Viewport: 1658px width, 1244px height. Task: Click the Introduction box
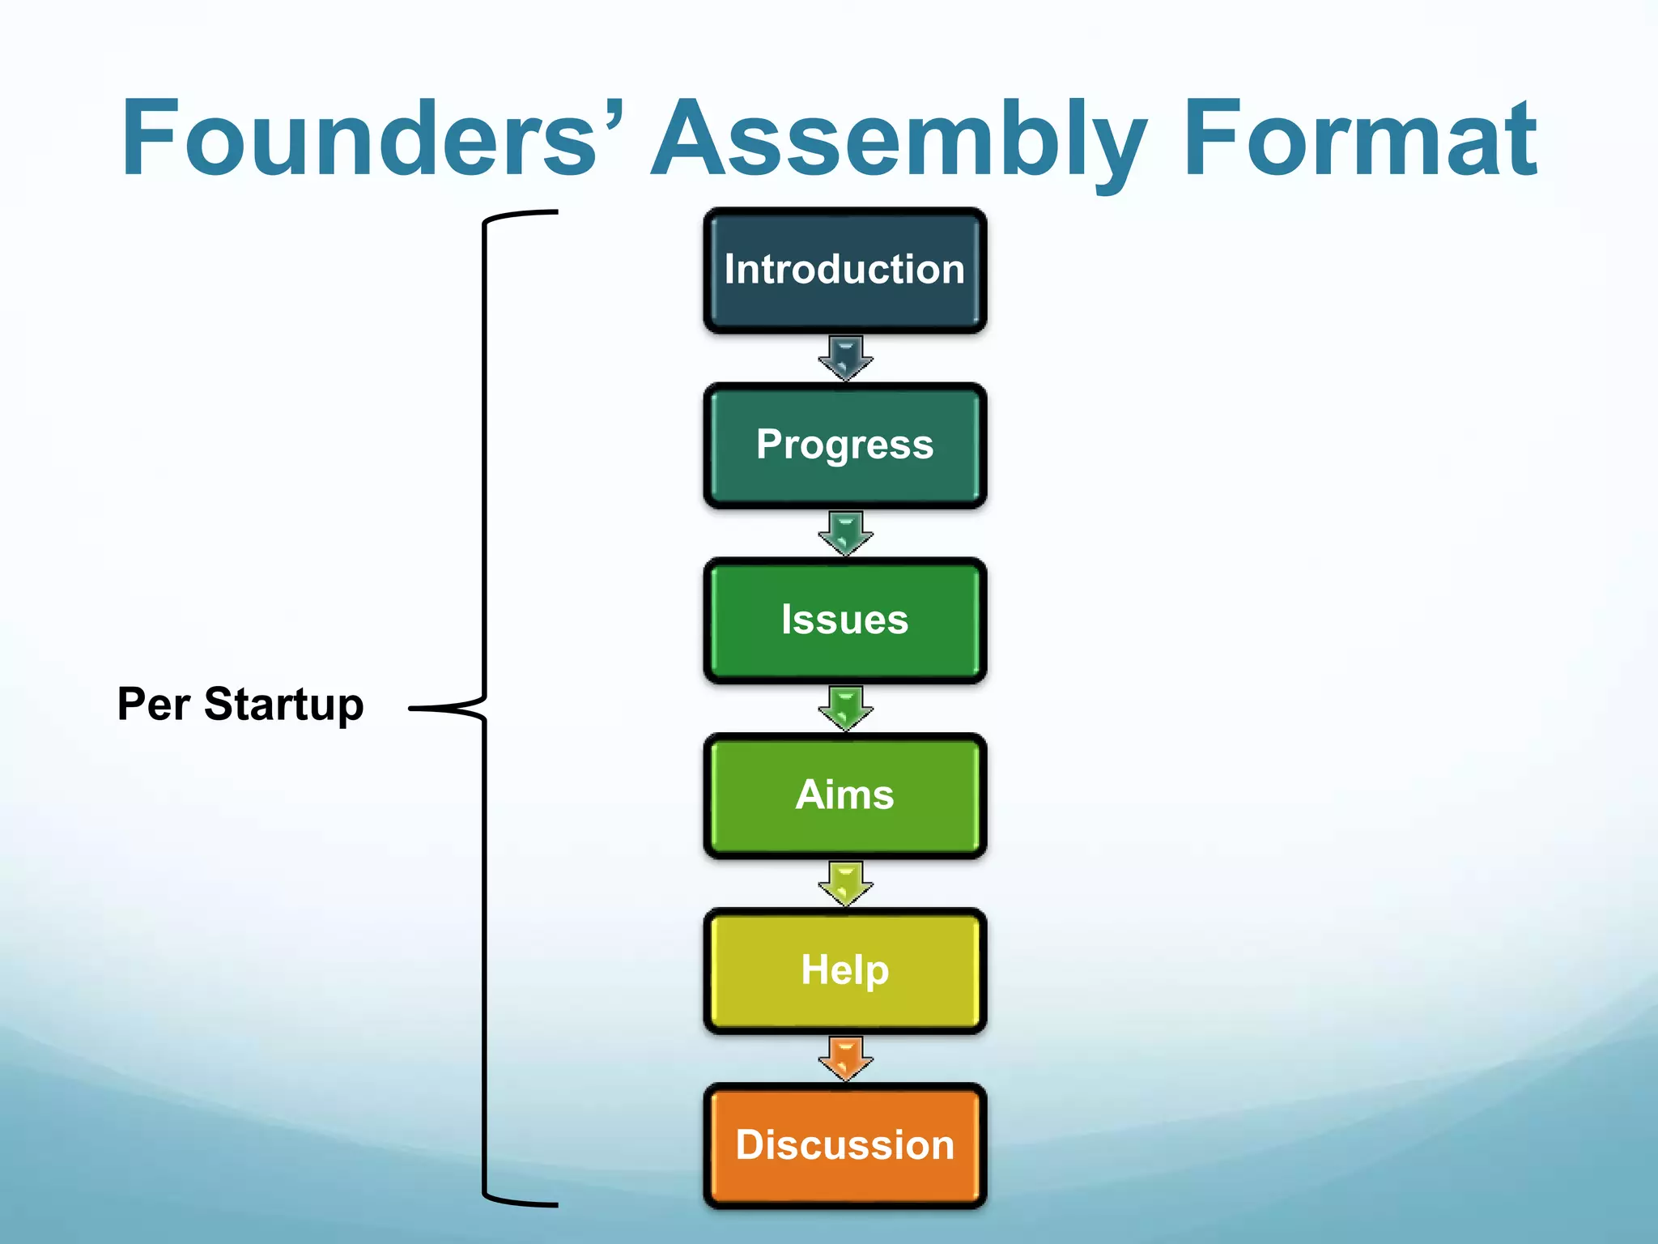(844, 270)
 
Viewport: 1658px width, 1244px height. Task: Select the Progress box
(844, 445)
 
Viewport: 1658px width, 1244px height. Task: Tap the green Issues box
(844, 620)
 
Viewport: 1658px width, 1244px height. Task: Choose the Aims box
(844, 795)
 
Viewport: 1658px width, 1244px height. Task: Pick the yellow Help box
(844, 969)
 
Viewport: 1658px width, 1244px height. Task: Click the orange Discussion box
(844, 1144)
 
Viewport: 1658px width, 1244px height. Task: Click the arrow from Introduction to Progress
(844, 357)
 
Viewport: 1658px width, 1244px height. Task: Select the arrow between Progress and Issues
(844, 532)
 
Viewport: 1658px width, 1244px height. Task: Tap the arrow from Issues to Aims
(844, 707)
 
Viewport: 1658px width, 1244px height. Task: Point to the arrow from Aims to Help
(844, 882)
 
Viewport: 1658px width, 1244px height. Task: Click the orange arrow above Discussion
(844, 1057)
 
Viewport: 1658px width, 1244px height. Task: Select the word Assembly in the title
(899, 138)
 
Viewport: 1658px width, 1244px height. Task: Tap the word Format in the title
(1360, 138)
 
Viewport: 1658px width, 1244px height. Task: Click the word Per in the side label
(154, 704)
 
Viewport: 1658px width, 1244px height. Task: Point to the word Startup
(283, 704)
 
